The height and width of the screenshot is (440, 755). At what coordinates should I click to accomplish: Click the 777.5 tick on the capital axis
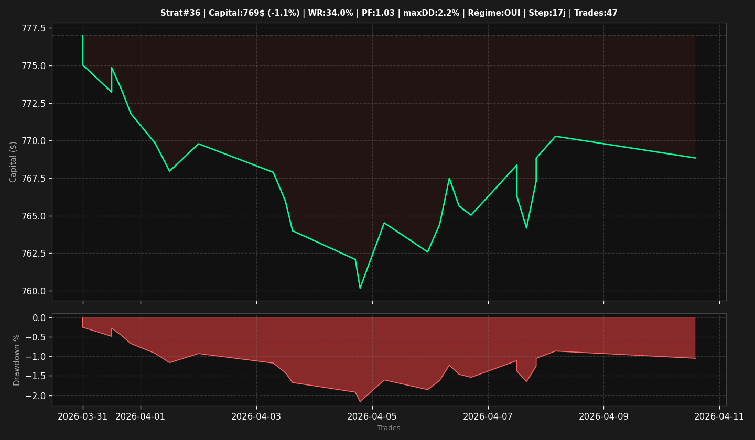tap(34, 28)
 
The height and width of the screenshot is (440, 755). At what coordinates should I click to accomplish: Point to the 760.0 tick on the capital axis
tap(34, 291)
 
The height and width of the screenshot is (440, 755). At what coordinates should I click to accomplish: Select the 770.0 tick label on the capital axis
tap(34, 141)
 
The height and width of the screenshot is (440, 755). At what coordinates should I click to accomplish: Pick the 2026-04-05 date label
tap(372, 417)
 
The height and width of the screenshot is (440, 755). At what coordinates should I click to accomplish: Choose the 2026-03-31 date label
tap(83, 417)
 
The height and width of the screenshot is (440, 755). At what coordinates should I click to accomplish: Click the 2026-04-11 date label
tap(719, 417)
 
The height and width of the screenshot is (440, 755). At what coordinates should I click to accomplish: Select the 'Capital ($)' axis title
tap(13, 162)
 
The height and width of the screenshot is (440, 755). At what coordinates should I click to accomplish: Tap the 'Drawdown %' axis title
tap(17, 360)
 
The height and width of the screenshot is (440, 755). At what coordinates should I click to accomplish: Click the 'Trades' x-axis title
tap(389, 428)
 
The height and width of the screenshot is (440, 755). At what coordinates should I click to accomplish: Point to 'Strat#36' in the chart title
tap(180, 13)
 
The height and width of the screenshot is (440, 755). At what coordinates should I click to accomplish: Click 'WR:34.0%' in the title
tap(331, 13)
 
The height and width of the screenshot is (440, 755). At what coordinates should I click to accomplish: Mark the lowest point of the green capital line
tap(360, 288)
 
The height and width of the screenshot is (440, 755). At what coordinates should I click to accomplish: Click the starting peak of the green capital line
tap(83, 35)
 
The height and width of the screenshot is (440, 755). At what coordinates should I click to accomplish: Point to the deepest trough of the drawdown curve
tap(360, 401)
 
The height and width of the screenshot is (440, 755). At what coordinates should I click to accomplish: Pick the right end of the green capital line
tap(695, 158)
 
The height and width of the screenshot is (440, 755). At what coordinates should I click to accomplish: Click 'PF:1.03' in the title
tap(378, 13)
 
